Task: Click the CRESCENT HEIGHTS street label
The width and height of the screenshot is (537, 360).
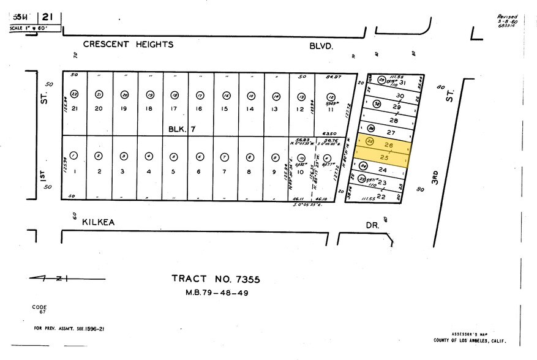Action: point(128,44)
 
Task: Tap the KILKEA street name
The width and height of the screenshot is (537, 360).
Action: point(99,225)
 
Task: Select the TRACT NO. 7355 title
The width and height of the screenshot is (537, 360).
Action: point(216,279)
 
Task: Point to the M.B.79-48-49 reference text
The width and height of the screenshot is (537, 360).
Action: point(216,292)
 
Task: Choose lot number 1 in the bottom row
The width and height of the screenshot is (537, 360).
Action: point(73,171)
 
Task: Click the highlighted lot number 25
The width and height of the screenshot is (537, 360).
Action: point(384,157)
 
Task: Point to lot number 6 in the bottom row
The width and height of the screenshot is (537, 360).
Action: point(199,171)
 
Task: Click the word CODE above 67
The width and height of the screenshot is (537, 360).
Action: point(40,307)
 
